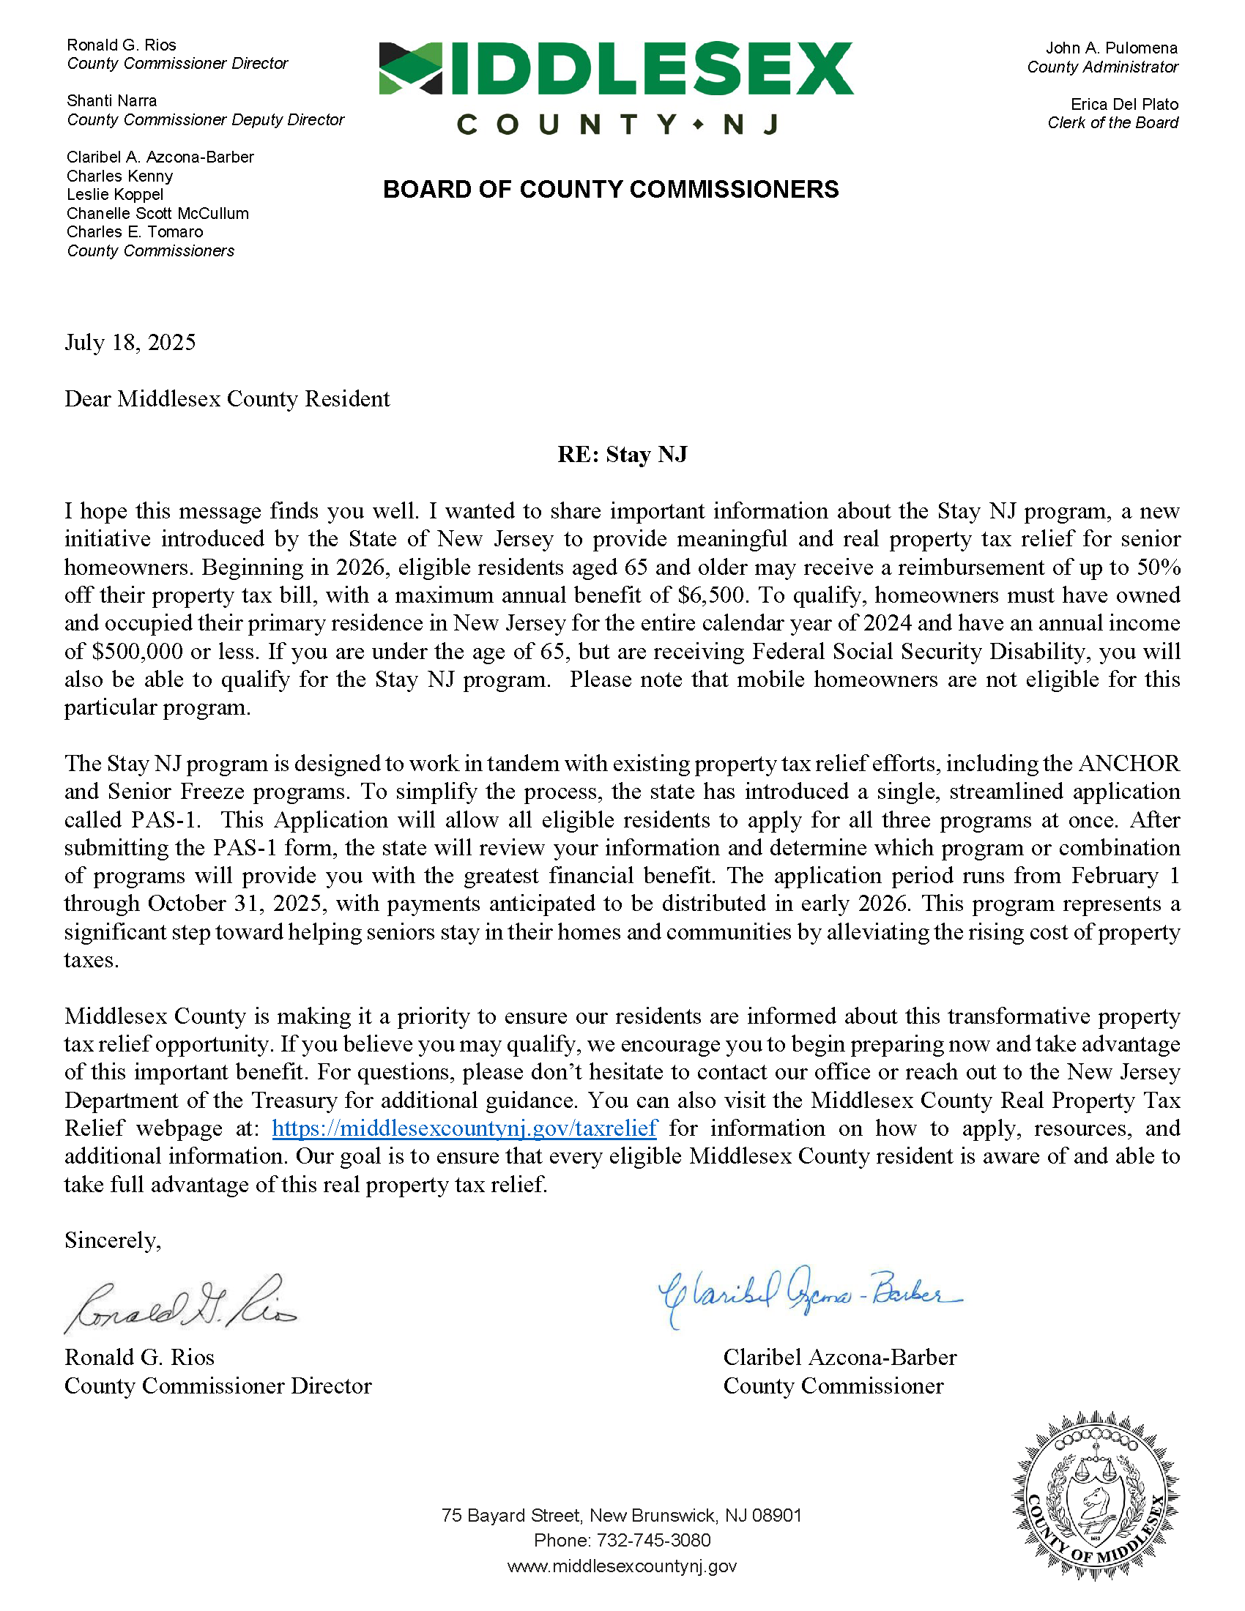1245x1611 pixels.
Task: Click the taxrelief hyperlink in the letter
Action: (464, 1128)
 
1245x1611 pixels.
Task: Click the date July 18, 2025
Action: (130, 343)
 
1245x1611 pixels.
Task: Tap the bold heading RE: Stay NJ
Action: (622, 455)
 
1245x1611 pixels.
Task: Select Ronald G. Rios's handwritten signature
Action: (181, 1304)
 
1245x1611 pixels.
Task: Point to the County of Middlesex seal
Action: (1096, 1497)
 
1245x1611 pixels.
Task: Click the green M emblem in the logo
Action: (410, 69)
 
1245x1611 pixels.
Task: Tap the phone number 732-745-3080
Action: (653, 1540)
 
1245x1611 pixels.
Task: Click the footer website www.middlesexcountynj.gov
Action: (622, 1566)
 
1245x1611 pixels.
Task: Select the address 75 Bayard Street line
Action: (622, 1515)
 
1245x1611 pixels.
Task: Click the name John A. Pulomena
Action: (1111, 48)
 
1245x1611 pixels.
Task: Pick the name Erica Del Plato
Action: (1124, 105)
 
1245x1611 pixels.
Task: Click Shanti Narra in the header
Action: (111, 101)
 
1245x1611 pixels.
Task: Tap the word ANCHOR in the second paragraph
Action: (1129, 764)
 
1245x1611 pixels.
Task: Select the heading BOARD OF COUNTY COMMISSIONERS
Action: (611, 190)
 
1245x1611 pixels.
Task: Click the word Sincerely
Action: (112, 1240)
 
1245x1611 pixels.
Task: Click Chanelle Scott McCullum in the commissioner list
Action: (158, 214)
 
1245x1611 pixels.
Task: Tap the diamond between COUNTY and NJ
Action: (698, 124)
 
